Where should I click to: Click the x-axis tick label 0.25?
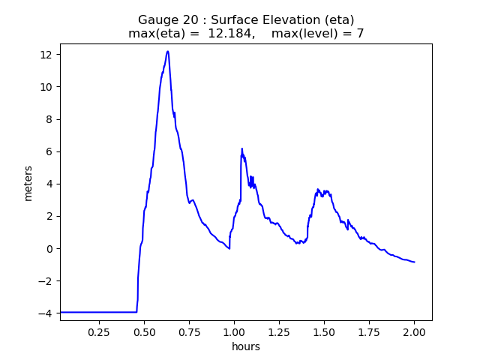tap(99, 331)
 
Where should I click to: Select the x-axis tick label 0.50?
tap(144, 331)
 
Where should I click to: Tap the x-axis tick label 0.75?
tap(189, 331)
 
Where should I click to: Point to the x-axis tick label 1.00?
tap(234, 331)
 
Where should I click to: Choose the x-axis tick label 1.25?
tap(279, 331)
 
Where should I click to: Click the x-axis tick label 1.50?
tap(324, 331)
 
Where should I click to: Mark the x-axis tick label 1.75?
tap(369, 331)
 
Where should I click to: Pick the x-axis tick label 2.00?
tap(414, 331)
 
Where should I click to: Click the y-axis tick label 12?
tap(46, 55)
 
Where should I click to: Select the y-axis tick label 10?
tap(46, 87)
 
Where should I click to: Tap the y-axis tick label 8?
tap(49, 119)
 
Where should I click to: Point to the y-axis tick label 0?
tap(49, 249)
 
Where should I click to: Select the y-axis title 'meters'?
tap(28, 182)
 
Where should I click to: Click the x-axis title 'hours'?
tap(246, 346)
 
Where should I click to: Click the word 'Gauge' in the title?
tap(155, 19)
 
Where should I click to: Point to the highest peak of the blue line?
tap(168, 51)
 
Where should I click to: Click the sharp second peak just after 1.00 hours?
tap(242, 149)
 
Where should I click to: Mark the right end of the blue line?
tap(414, 262)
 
